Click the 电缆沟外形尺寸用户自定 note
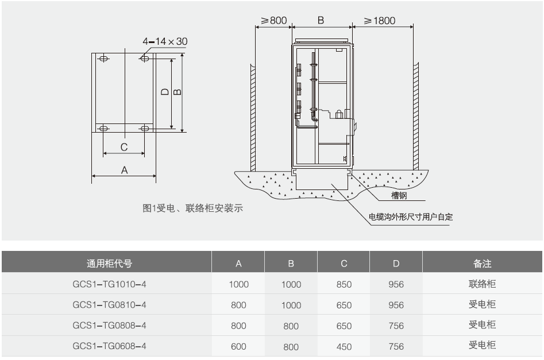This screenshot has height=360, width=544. (411, 217)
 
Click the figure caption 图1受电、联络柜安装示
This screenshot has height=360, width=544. (193, 208)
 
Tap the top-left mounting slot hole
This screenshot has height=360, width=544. (104, 59)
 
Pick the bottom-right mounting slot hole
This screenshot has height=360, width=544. (144, 129)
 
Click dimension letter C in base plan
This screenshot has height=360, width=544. (124, 147)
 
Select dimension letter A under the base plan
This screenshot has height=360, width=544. (124, 169)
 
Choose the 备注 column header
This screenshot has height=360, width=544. (483, 264)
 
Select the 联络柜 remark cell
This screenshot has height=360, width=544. (483, 284)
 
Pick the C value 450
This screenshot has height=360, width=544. (344, 346)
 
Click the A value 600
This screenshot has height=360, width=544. (238, 346)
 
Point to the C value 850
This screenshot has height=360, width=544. (344, 284)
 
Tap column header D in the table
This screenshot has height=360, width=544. (396, 264)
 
